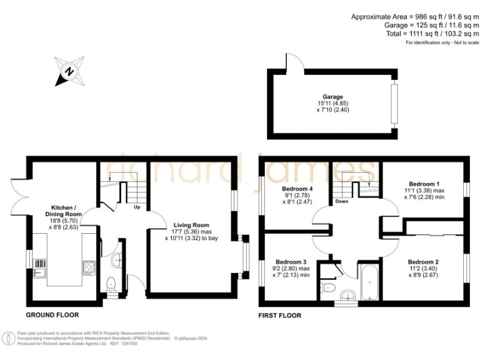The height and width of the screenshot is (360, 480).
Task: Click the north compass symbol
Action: point(70,70)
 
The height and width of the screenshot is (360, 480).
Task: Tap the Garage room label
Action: point(332,97)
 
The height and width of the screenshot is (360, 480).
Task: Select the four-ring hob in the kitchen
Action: point(88,268)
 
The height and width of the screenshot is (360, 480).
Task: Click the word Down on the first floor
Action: point(342,201)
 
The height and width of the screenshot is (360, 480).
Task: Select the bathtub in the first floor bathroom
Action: point(367,283)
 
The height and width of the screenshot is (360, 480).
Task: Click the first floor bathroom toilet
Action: point(328,287)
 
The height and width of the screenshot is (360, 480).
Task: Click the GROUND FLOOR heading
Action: point(52,315)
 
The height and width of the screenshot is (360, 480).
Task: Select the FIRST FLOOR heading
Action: point(280,316)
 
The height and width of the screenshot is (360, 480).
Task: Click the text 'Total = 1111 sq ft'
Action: point(431,34)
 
